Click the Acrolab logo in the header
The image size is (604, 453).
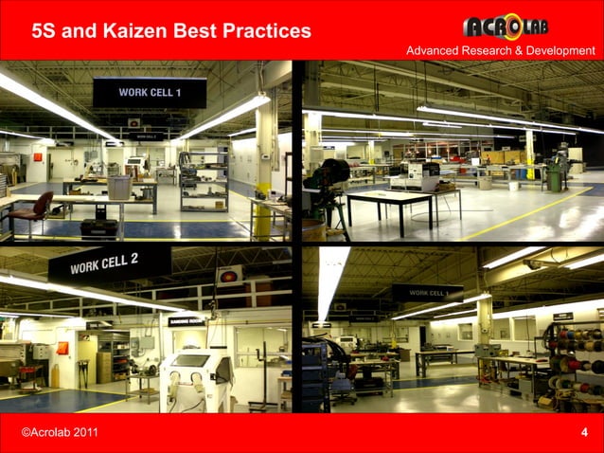[x=506, y=26]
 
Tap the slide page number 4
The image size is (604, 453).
[x=584, y=432]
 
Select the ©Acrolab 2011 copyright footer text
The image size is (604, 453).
[x=59, y=433]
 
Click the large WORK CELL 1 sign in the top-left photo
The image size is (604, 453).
[x=149, y=92]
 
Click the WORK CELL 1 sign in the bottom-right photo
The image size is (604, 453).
[x=428, y=294]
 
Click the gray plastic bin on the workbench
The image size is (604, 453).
[x=119, y=187]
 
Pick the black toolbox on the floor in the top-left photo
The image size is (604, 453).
[x=98, y=227]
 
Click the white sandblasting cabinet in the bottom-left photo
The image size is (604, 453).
[x=196, y=379]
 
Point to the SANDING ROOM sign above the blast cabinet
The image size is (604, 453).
[x=186, y=321]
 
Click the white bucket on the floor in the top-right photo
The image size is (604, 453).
[x=485, y=183]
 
